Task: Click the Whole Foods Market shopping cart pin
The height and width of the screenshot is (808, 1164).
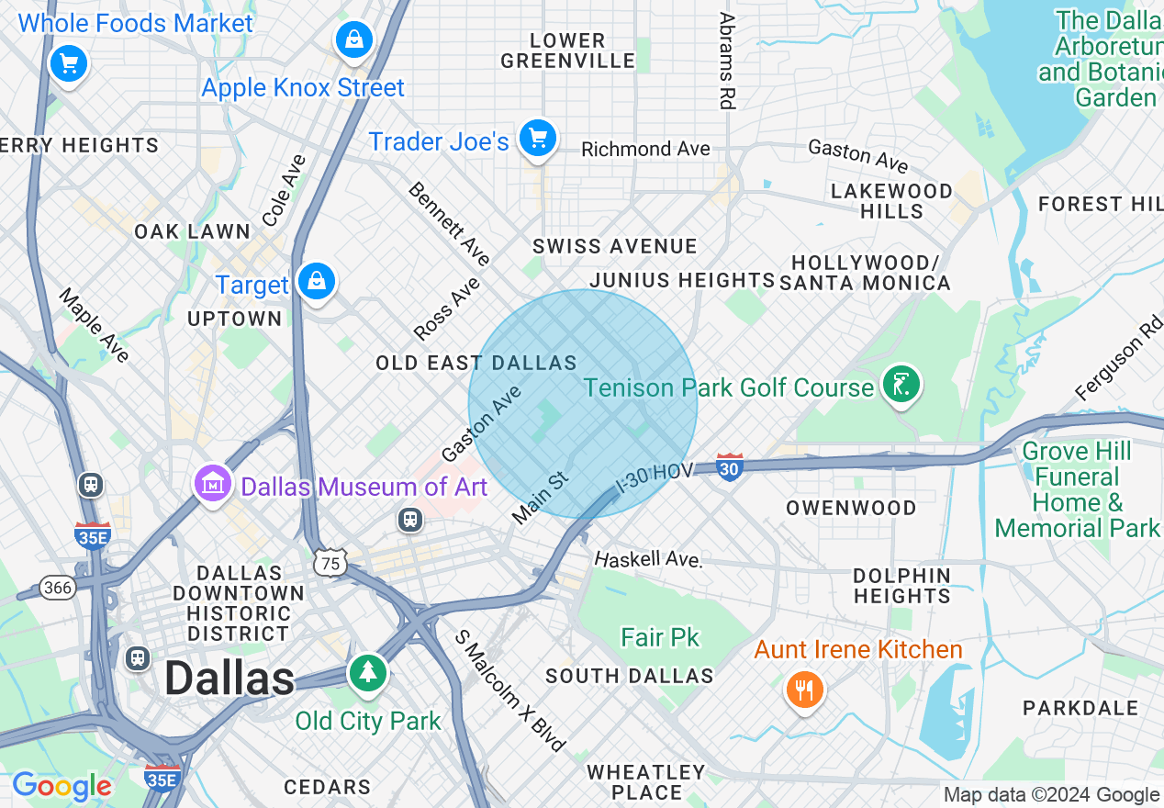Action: pyautogui.click(x=68, y=63)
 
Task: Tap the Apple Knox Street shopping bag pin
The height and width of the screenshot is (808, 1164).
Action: pyautogui.click(x=353, y=39)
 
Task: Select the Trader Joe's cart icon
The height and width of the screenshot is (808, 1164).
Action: pyautogui.click(x=538, y=138)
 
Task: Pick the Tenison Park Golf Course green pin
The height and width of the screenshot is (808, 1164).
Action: pyautogui.click(x=901, y=383)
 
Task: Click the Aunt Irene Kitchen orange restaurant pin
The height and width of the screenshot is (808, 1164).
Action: pyautogui.click(x=804, y=688)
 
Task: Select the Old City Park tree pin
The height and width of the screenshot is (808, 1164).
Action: pyautogui.click(x=368, y=672)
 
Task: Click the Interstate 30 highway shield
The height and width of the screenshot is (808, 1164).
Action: pyautogui.click(x=730, y=467)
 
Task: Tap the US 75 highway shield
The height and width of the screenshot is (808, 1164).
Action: pyautogui.click(x=330, y=563)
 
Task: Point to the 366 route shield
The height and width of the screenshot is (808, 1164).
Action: pyautogui.click(x=58, y=588)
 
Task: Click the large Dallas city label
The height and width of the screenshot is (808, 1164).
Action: pyautogui.click(x=229, y=679)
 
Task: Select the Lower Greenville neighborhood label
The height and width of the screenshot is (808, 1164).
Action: pyautogui.click(x=568, y=51)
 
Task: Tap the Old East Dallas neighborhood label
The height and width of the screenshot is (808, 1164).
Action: pyautogui.click(x=476, y=364)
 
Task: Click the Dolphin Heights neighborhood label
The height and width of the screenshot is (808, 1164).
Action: pyautogui.click(x=901, y=586)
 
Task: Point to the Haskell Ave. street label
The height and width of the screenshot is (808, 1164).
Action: pyautogui.click(x=648, y=559)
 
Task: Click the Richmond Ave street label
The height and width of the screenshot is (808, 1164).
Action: pyautogui.click(x=645, y=149)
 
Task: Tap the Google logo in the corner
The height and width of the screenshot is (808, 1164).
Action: pyautogui.click(x=62, y=786)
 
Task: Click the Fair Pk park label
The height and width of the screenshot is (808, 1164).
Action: pyautogui.click(x=660, y=637)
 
